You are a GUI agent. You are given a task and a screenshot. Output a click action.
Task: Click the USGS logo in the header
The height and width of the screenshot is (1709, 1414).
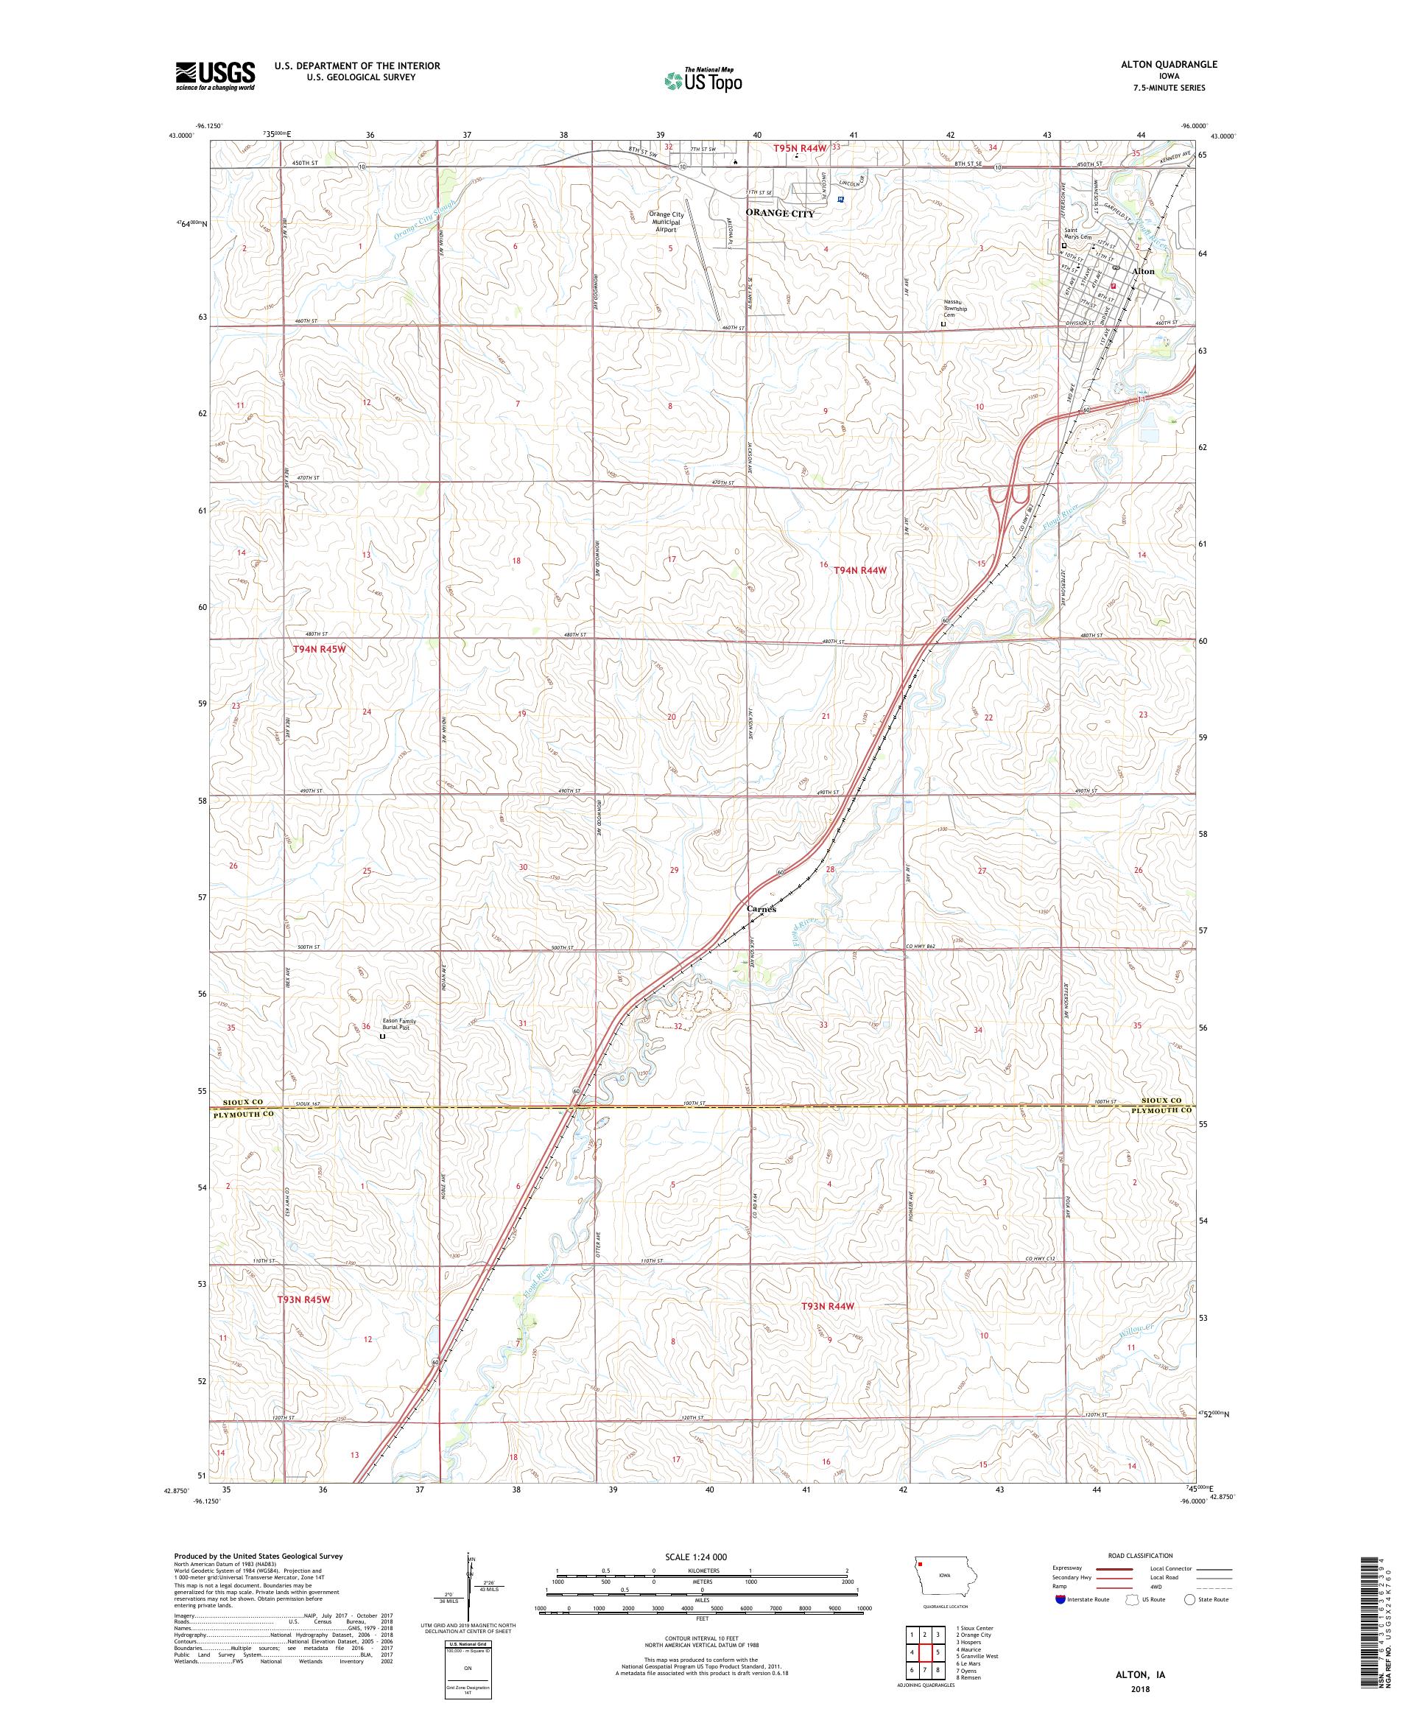point(215,76)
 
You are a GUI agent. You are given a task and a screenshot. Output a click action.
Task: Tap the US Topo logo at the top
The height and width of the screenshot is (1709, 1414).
point(703,80)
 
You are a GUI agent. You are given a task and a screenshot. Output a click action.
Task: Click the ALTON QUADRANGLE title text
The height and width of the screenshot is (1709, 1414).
point(1172,64)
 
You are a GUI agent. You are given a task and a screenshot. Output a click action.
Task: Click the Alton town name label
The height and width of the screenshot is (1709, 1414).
point(1143,271)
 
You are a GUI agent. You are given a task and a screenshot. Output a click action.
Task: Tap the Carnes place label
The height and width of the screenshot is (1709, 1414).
point(761,909)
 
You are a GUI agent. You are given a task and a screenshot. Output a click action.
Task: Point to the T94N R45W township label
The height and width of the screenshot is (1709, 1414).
point(324,650)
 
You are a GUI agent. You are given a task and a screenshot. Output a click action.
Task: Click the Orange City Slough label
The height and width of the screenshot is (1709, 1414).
point(423,219)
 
